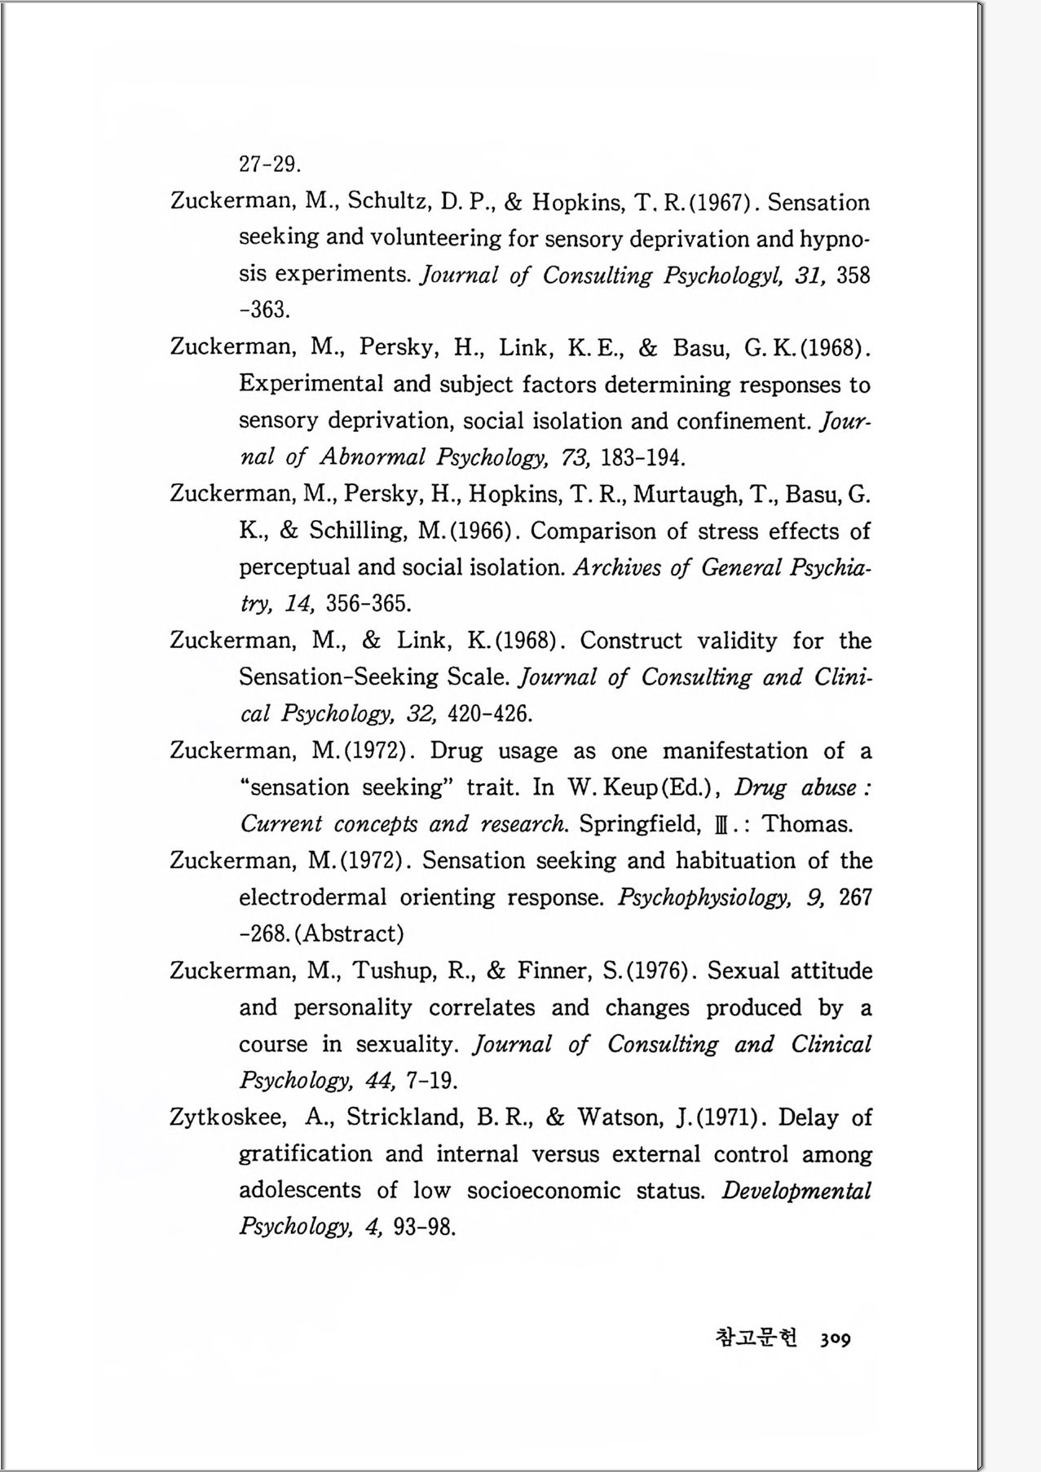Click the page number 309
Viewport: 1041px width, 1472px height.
point(836,1338)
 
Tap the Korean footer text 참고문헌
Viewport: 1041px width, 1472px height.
point(756,1338)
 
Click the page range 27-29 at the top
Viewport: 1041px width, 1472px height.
point(270,165)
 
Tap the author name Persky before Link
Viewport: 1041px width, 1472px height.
point(397,348)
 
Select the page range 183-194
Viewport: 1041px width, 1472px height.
point(642,457)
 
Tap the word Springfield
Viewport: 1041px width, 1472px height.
point(639,824)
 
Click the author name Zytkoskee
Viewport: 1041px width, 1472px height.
point(227,1117)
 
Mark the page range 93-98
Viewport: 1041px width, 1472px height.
point(424,1227)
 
